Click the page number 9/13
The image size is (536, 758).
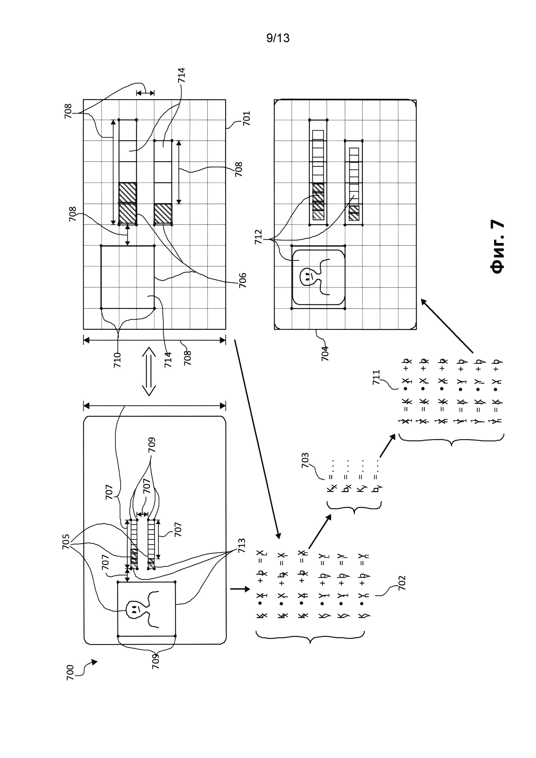click(x=278, y=38)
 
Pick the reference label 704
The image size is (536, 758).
click(x=325, y=353)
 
